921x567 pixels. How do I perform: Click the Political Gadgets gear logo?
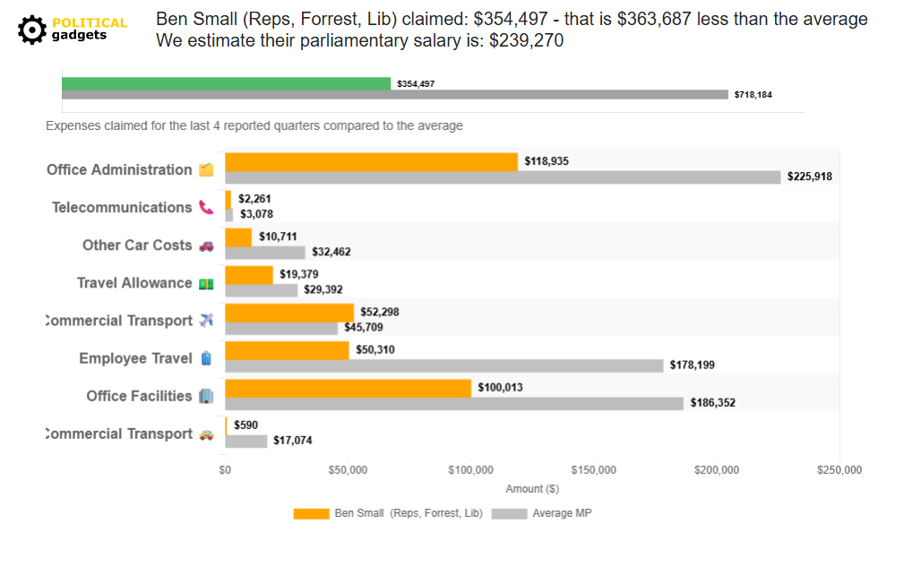click(32, 30)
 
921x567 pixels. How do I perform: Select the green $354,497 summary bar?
click(226, 83)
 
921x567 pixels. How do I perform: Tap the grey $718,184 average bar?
click(394, 94)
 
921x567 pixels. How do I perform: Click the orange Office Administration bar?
click(371, 162)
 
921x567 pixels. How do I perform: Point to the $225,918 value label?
click(809, 176)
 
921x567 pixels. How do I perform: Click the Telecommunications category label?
click(122, 208)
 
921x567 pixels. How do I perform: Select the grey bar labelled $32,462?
click(264, 253)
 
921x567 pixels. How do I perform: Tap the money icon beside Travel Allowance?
click(206, 284)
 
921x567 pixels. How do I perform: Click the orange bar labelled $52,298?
click(288, 313)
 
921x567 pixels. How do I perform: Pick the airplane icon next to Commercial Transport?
click(206, 321)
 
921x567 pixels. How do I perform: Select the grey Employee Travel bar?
click(443, 365)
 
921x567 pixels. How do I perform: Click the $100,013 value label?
click(500, 388)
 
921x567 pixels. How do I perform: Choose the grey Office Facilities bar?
click(453, 403)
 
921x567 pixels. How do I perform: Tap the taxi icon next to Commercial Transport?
click(206, 434)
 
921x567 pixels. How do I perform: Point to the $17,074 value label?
click(293, 441)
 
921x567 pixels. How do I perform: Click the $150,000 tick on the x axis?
click(594, 470)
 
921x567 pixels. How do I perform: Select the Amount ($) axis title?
click(532, 489)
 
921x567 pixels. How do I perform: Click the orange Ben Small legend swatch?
click(311, 513)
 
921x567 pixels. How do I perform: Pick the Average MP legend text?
click(562, 513)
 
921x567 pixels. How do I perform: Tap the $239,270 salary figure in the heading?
click(526, 41)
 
